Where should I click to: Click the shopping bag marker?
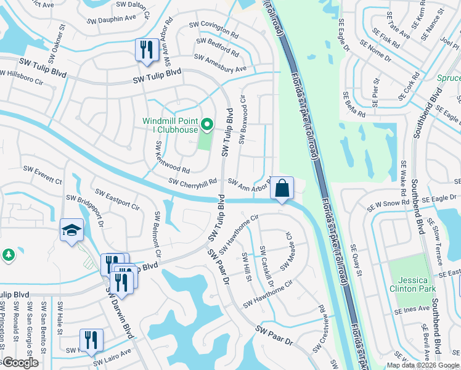pos(282,187)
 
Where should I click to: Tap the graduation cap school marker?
pos(71,231)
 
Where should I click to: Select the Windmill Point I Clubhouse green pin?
pos(208,125)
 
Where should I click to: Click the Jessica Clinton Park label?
pos(412,284)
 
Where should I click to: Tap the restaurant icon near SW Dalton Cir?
pos(146,49)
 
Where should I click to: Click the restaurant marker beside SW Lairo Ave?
pos(91,339)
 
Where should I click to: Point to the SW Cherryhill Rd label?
pos(194,182)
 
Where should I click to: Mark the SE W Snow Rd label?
pos(388,203)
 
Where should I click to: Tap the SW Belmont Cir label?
pos(158,235)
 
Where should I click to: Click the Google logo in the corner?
pos(20,363)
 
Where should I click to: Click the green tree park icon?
pos(8,254)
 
